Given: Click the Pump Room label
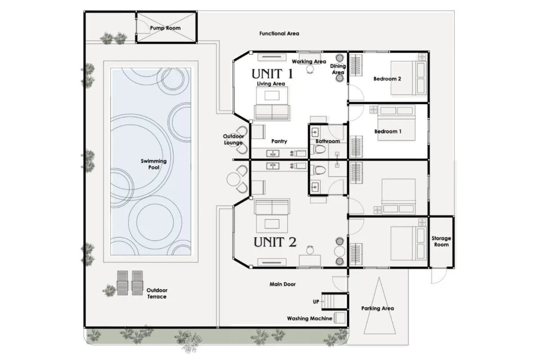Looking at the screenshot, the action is [x=165, y=28].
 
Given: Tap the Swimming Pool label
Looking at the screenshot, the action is [x=153, y=164].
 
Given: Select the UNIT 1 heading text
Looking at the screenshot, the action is [x=272, y=73].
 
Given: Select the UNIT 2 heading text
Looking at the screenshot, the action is [x=275, y=242].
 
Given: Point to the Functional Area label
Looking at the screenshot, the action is [x=279, y=33].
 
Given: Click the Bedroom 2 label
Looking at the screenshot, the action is [x=387, y=79].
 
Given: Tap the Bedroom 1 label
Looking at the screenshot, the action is [x=388, y=131].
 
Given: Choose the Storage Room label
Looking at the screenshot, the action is [x=441, y=241].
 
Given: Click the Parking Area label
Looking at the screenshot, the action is [x=378, y=308].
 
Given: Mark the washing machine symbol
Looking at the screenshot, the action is [x=339, y=318].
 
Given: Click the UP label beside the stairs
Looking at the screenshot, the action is [x=316, y=301].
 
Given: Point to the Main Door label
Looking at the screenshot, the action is [x=283, y=284].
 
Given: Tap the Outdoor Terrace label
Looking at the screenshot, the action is [x=157, y=293].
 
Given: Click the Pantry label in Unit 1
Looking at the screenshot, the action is [x=279, y=141].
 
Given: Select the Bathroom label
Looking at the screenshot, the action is [x=328, y=141].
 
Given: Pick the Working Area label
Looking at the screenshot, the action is [x=309, y=62].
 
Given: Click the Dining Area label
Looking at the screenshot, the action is [x=338, y=69].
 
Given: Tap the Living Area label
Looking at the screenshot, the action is [x=271, y=84].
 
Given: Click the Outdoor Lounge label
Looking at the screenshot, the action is [x=234, y=139].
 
